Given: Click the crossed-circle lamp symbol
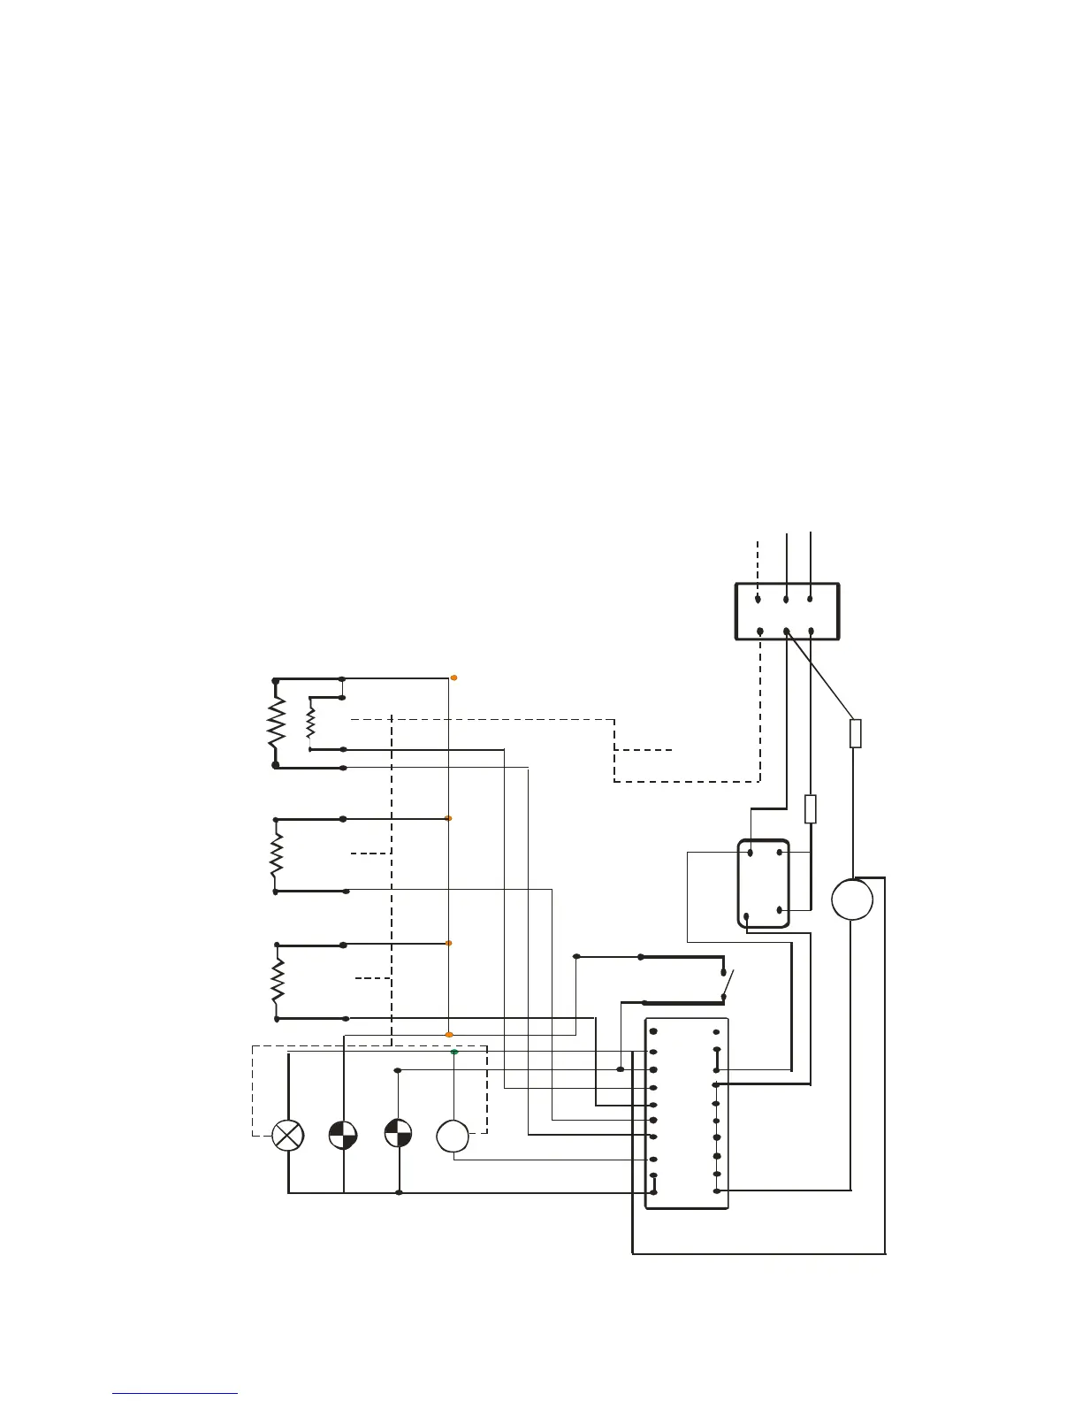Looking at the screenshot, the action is (288, 1135).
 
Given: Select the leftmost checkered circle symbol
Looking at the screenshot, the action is (343, 1135).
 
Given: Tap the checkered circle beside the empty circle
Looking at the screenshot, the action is (398, 1135).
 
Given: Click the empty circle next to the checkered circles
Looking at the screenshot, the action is (453, 1136).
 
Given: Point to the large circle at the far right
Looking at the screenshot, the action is (852, 900).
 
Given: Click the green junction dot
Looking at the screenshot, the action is (454, 1053).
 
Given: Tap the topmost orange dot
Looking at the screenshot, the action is (454, 678).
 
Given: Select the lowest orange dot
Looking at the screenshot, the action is (449, 1034).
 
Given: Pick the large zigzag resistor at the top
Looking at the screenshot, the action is (277, 722).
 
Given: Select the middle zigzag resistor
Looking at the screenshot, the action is (277, 854).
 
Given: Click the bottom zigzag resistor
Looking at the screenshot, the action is (278, 981).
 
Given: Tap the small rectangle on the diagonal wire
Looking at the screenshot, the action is (855, 733).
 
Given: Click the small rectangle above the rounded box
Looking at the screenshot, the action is (811, 809).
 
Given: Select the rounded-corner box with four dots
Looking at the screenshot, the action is (764, 883).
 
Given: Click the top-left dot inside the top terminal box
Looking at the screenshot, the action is (758, 599).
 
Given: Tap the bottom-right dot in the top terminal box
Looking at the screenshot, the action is (811, 632).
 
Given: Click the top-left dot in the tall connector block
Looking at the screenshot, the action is (652, 1031).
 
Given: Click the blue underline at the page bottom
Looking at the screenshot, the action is (175, 1394).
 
